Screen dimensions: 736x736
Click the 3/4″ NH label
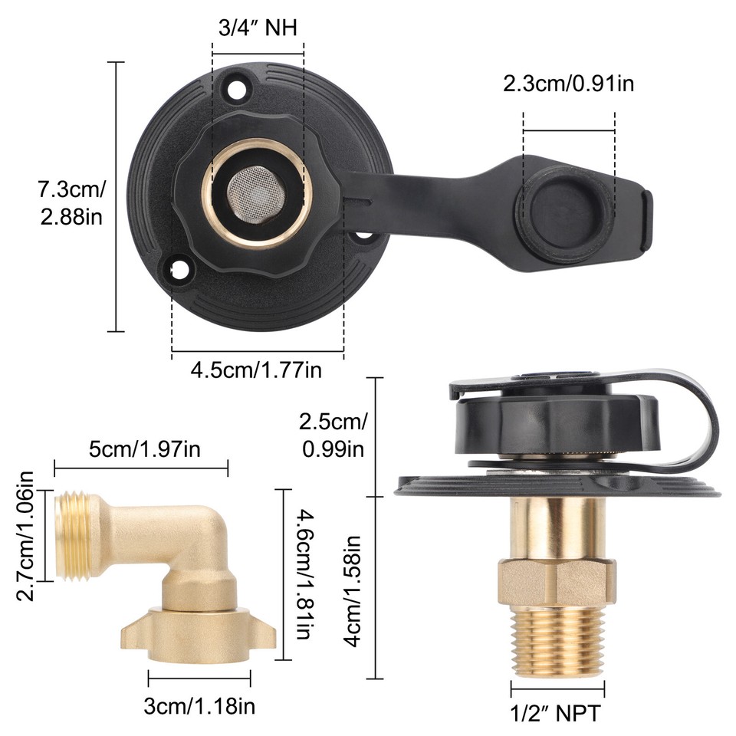(257, 28)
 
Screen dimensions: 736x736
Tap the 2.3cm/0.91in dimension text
(568, 83)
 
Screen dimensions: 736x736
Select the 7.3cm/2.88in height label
(71, 202)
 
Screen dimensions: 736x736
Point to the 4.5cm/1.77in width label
(256, 370)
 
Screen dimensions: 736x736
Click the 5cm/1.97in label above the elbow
(145, 449)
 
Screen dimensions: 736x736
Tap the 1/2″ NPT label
(556, 713)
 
